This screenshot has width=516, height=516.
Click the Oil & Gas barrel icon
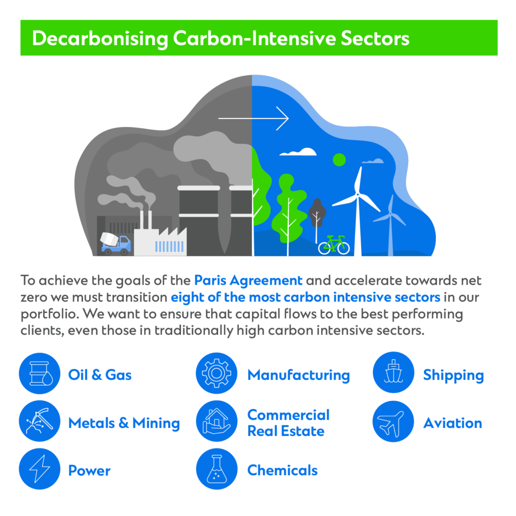39,373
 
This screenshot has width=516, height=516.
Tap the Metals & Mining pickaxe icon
39,421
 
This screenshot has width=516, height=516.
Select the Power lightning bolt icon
39,469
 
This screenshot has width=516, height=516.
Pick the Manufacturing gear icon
217,373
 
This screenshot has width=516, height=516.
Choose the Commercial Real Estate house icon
217,421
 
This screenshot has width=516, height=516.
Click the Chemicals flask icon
217,469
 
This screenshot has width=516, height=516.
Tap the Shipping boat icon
393,372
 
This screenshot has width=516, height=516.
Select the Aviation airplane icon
393,421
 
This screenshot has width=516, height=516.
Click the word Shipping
453,375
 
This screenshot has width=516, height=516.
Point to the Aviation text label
453,423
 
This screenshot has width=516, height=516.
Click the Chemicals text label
282,470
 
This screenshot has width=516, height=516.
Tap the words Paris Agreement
248,281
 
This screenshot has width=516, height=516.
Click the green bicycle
334,245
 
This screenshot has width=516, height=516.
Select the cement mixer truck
115,243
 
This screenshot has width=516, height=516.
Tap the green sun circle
339,160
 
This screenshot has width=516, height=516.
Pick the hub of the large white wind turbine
357,195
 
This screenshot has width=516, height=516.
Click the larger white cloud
298,152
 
